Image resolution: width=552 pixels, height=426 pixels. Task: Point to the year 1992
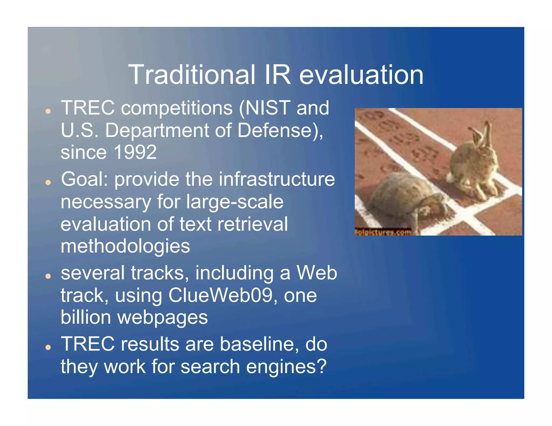pyautogui.click(x=135, y=152)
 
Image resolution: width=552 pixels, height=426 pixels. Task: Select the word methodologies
pyautogui.click(x=125, y=246)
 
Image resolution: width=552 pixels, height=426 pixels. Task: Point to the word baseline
pyautogui.click(x=259, y=344)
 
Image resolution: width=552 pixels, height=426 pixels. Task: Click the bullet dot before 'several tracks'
pyautogui.click(x=48, y=276)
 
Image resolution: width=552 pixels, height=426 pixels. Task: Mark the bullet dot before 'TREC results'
pyautogui.click(x=48, y=348)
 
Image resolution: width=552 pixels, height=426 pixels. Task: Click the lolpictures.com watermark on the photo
pyautogui.click(x=383, y=232)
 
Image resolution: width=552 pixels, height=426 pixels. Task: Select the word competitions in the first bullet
pyautogui.click(x=177, y=108)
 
